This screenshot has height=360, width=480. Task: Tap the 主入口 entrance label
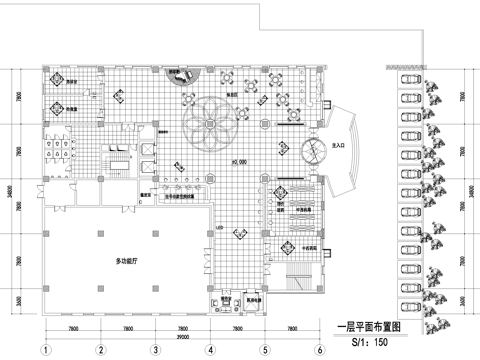pyautogui.click(x=337, y=146)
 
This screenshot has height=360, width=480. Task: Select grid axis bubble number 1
pyautogui.click(x=46, y=350)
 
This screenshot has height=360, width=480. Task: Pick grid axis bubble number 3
pyautogui.click(x=156, y=350)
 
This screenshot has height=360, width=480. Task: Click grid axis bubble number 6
pyautogui.click(x=319, y=350)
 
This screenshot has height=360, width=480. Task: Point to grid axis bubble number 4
pyautogui.click(x=210, y=350)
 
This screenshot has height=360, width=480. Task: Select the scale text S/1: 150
pyautogui.click(x=369, y=342)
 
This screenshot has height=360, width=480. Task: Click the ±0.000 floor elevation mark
pyautogui.click(x=240, y=162)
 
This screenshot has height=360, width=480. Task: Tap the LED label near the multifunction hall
pyautogui.click(x=217, y=229)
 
